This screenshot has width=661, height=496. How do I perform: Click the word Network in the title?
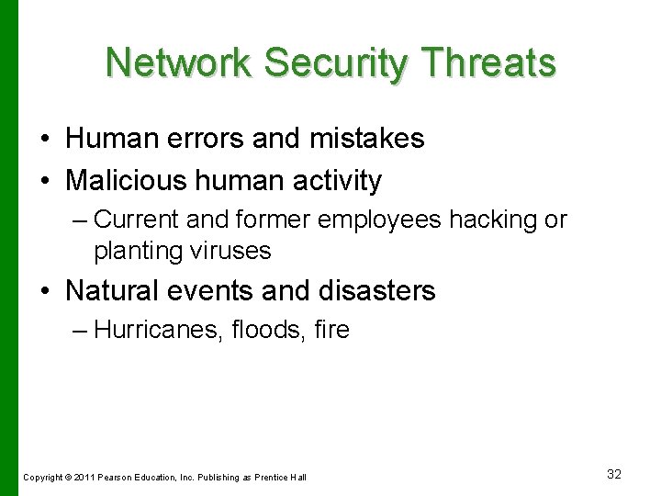point(178,63)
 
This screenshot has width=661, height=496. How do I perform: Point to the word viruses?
point(230,250)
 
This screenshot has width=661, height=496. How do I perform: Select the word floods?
point(257,330)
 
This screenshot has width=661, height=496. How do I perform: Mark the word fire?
point(331,330)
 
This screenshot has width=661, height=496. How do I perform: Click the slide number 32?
point(614,474)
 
